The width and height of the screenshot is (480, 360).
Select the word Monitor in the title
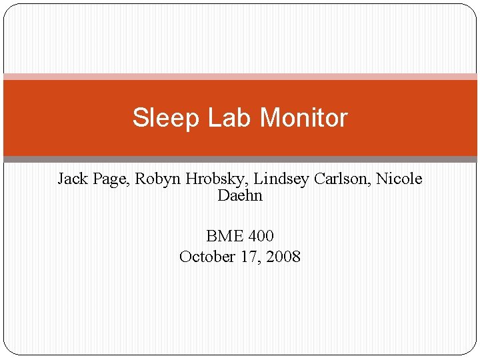tap(303, 118)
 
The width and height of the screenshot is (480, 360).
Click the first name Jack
tap(71, 179)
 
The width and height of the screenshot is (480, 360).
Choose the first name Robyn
tap(156, 179)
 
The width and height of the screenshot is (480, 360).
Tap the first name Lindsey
tap(274, 179)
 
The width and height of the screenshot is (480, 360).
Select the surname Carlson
tap(339, 179)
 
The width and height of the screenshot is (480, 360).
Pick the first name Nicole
tap(399, 179)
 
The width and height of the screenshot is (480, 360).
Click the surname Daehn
tap(240, 196)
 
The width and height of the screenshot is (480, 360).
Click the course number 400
tap(261, 236)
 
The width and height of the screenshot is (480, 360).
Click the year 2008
tap(283, 257)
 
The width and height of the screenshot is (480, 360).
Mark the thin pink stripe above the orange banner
tap(240, 77)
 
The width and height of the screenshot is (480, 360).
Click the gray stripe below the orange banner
tap(240, 159)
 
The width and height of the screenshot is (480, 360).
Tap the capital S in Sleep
tap(139, 118)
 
